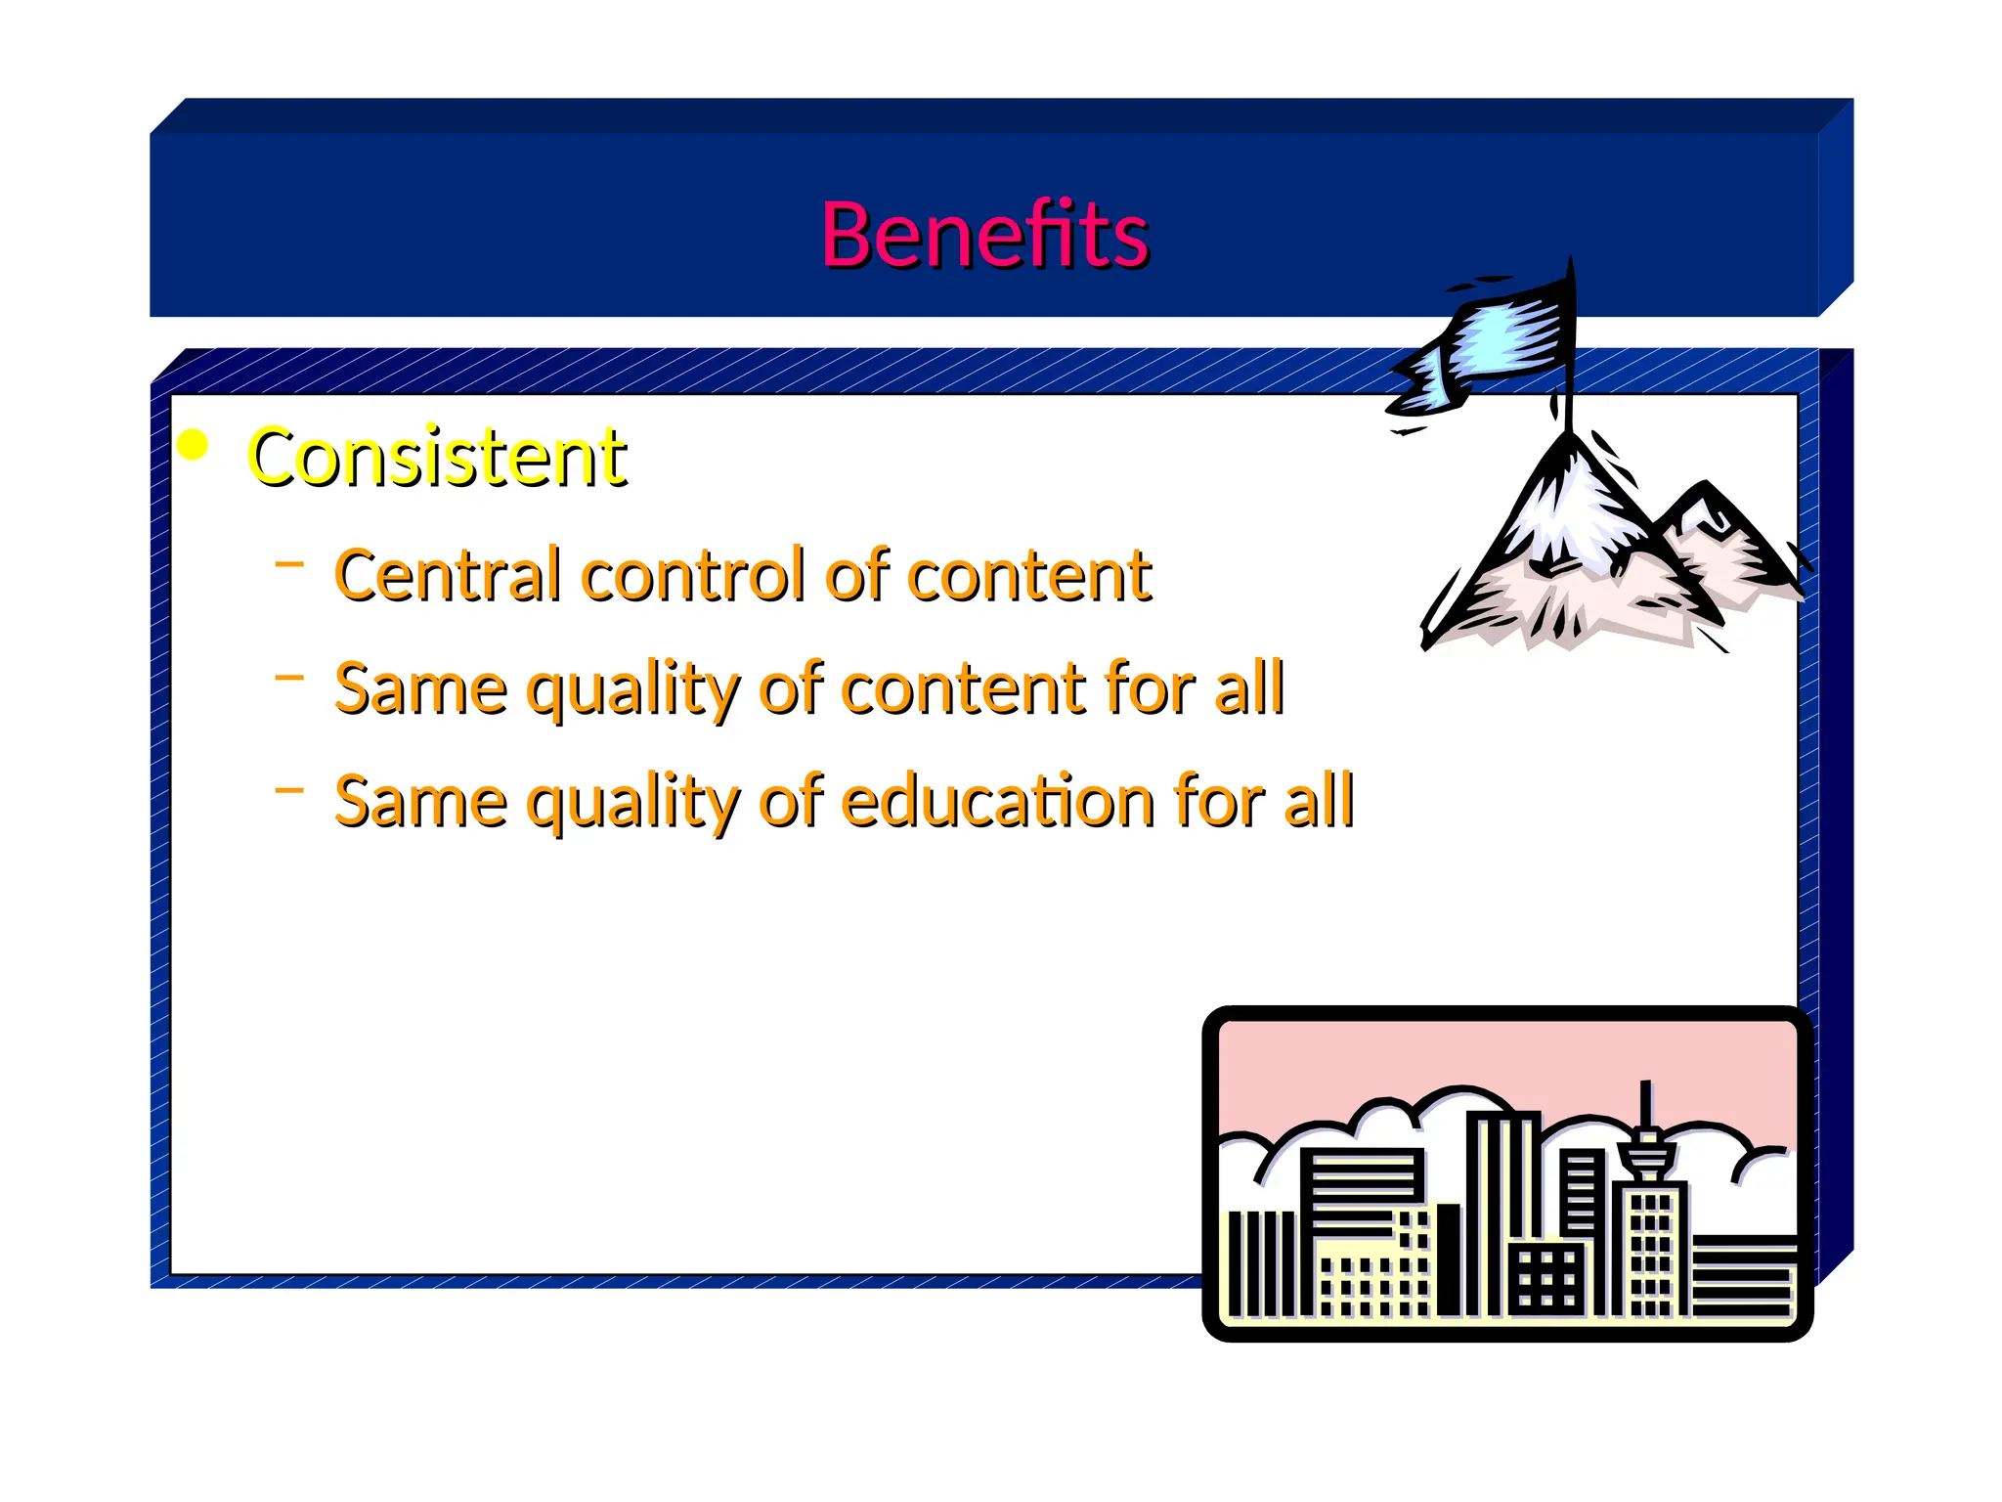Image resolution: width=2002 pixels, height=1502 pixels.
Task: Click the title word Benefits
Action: (984, 235)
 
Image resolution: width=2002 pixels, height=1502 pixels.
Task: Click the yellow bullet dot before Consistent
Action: (194, 445)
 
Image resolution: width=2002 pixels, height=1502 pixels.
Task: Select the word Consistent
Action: (437, 457)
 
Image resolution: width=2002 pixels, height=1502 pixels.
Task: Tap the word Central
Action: (449, 575)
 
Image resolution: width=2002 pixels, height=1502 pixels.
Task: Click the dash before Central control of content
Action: (289, 563)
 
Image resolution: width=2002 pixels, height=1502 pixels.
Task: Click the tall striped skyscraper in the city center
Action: (1501, 1213)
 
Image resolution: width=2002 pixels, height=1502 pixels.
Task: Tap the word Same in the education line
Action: (420, 801)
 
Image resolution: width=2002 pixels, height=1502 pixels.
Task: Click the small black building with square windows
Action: (1545, 1278)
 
